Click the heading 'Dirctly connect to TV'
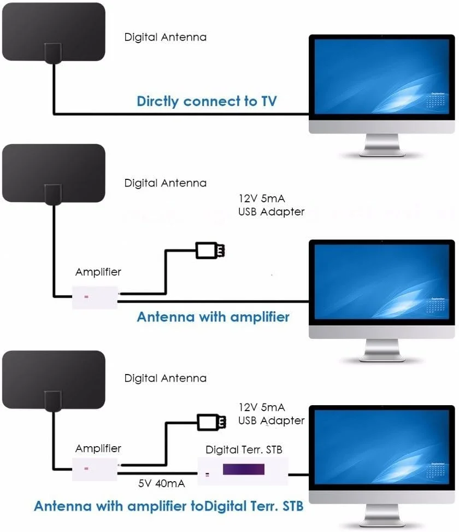click(207, 101)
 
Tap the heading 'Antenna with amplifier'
click(213, 317)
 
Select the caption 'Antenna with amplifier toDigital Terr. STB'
click(169, 506)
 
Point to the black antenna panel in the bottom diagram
click(53, 378)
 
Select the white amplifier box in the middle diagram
click(95, 297)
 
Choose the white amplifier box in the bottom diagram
click(95, 469)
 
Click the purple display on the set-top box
click(243, 469)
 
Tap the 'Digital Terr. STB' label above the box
click(244, 449)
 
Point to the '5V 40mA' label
click(161, 484)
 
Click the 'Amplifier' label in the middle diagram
click(98, 272)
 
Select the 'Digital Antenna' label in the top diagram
click(166, 37)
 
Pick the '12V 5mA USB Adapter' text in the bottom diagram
click(271, 414)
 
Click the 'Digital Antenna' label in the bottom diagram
click(166, 378)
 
